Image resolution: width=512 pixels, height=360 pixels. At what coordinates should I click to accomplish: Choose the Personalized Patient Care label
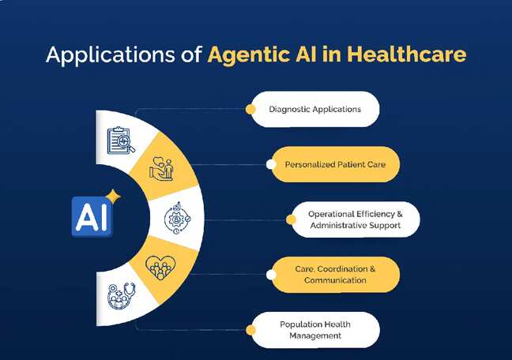[x=336, y=164]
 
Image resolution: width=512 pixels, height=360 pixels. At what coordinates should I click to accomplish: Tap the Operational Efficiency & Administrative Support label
[x=354, y=219]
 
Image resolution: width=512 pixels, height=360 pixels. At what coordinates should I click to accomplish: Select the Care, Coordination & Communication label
[x=336, y=274]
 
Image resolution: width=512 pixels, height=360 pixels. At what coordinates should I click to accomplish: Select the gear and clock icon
[x=176, y=217]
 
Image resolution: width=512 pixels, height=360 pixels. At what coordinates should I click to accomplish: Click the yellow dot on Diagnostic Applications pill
[x=250, y=109]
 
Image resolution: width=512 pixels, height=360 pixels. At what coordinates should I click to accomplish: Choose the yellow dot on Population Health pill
[x=250, y=329]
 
